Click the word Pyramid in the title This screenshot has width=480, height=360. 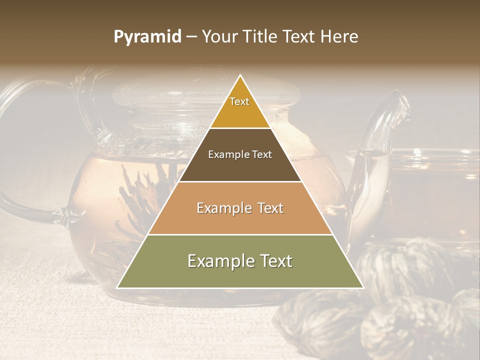pyautogui.click(x=147, y=37)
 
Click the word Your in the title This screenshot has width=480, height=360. pyautogui.click(x=219, y=37)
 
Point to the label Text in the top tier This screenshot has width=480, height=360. pyautogui.click(x=239, y=101)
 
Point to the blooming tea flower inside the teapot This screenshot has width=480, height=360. pyautogui.click(x=145, y=200)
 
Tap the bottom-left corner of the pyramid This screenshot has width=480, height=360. pyautogui.click(x=117, y=288)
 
